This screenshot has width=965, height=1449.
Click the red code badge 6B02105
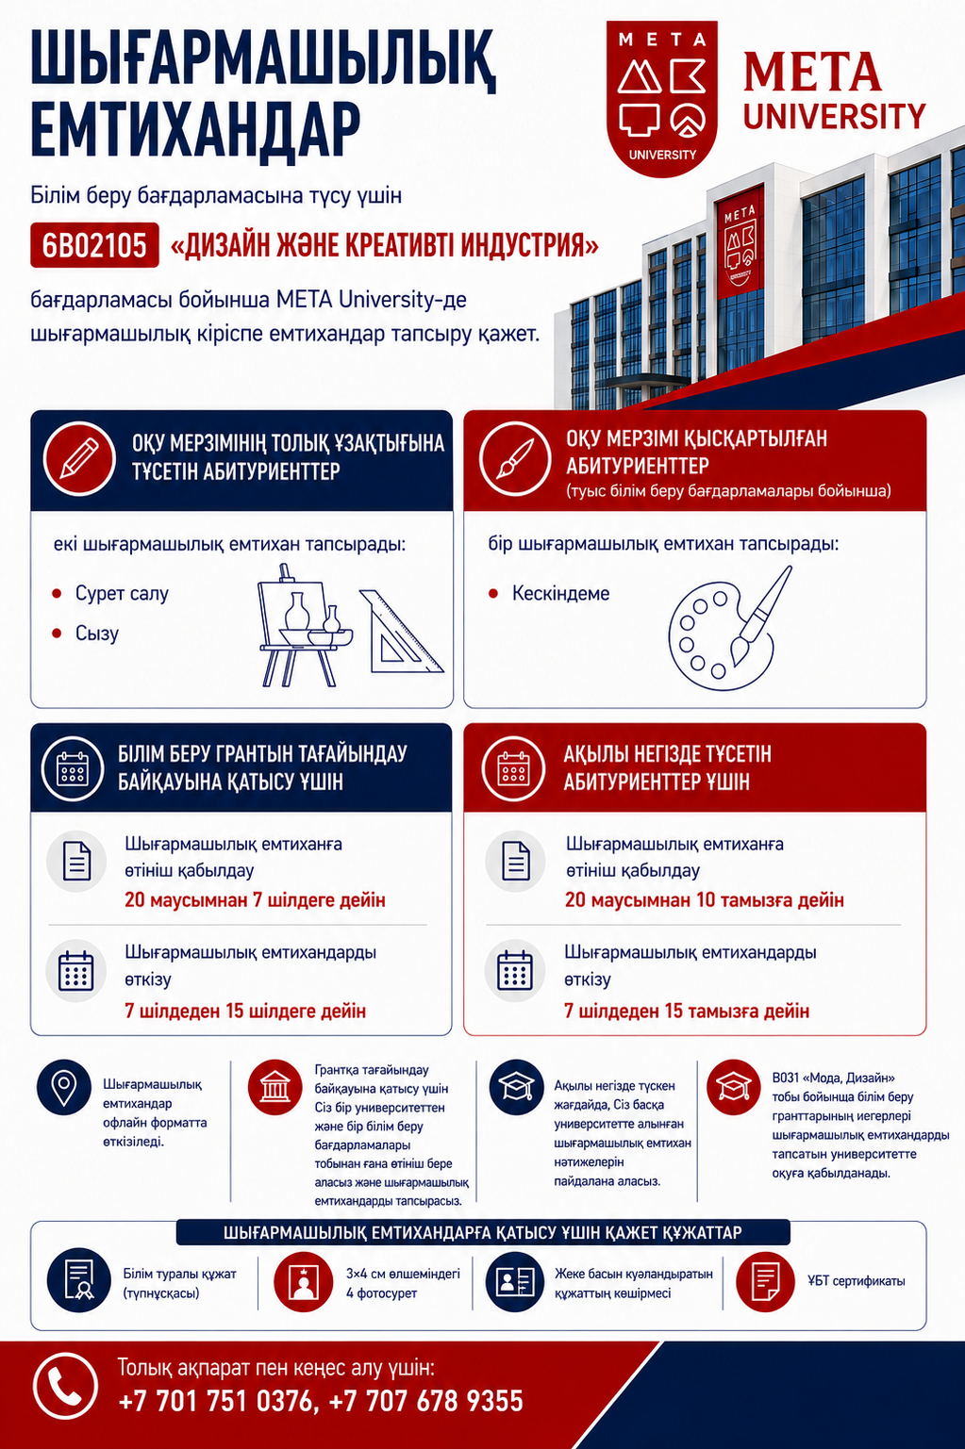pyautogui.click(x=94, y=245)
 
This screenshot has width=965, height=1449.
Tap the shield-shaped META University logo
pyautogui.click(x=661, y=97)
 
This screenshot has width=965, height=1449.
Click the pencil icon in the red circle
pyautogui.click(x=79, y=458)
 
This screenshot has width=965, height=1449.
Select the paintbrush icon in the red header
pyautogui.click(x=515, y=458)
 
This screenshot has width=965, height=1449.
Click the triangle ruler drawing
pyautogui.click(x=400, y=632)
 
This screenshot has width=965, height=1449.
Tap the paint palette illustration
pyautogui.click(x=729, y=629)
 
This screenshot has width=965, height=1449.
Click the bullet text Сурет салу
pyautogui.click(x=122, y=593)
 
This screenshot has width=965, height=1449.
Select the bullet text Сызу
pyautogui.click(x=97, y=633)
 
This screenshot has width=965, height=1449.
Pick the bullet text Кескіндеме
pyautogui.click(x=560, y=593)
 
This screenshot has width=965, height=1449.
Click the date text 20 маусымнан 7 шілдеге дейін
pyautogui.click(x=255, y=899)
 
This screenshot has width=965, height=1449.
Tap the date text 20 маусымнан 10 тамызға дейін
pyautogui.click(x=704, y=899)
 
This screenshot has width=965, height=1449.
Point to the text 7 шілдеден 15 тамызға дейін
pyautogui.click(x=687, y=1011)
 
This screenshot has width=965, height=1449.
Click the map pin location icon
pyautogui.click(x=64, y=1087)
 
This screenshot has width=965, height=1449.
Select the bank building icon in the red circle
pyautogui.click(x=275, y=1087)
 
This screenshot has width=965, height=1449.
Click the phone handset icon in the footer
pyautogui.click(x=65, y=1386)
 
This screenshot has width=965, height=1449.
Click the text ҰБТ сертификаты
pyautogui.click(x=856, y=1281)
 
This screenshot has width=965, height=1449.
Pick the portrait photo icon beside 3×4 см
pyautogui.click(x=303, y=1281)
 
